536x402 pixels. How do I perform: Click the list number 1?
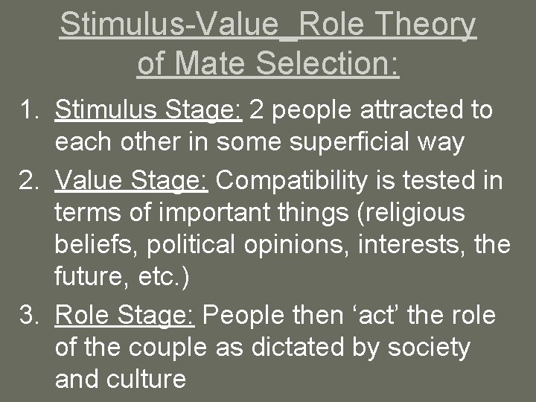pyautogui.click(x=31, y=110)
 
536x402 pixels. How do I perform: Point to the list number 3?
pyautogui.click(x=31, y=316)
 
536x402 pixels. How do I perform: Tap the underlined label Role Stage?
pyautogui.click(x=124, y=316)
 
